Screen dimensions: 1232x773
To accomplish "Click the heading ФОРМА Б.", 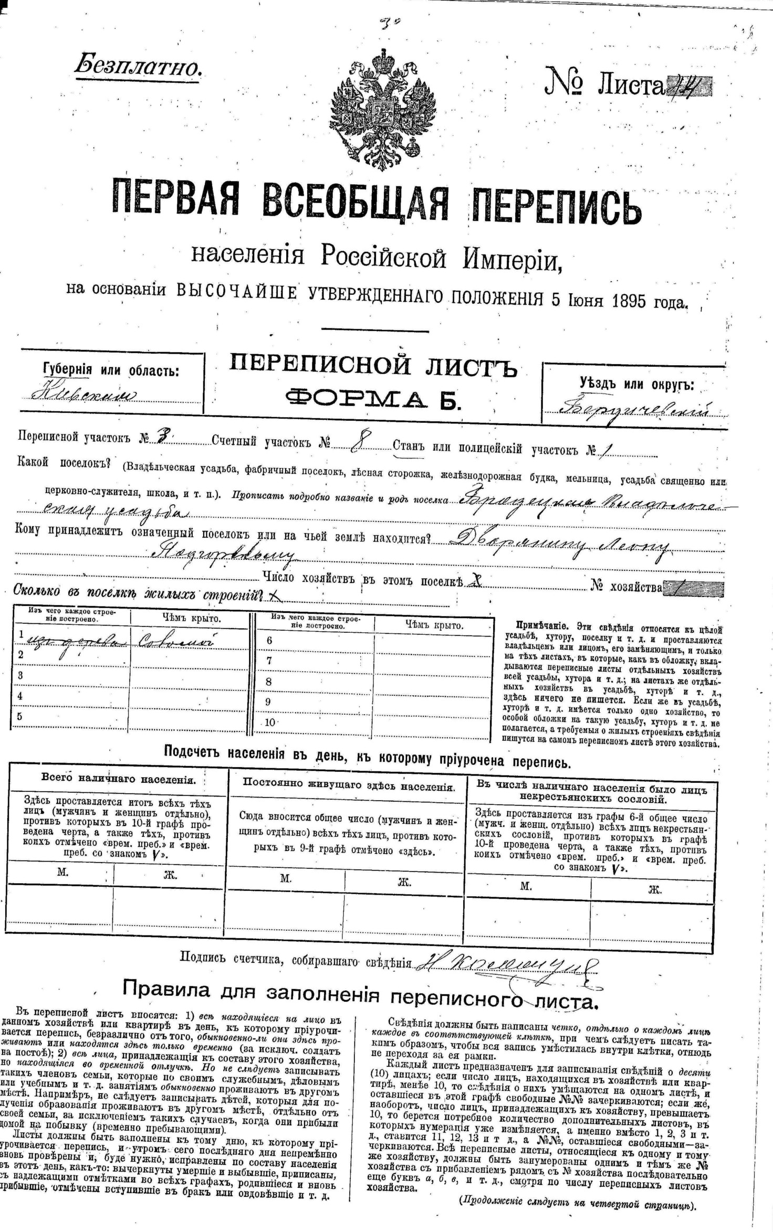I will pyautogui.click(x=373, y=400).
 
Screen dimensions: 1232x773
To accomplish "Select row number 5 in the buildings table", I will pyautogui.click(x=20, y=716).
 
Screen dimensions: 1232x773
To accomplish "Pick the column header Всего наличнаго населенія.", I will pyautogui.click(x=119, y=780).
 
